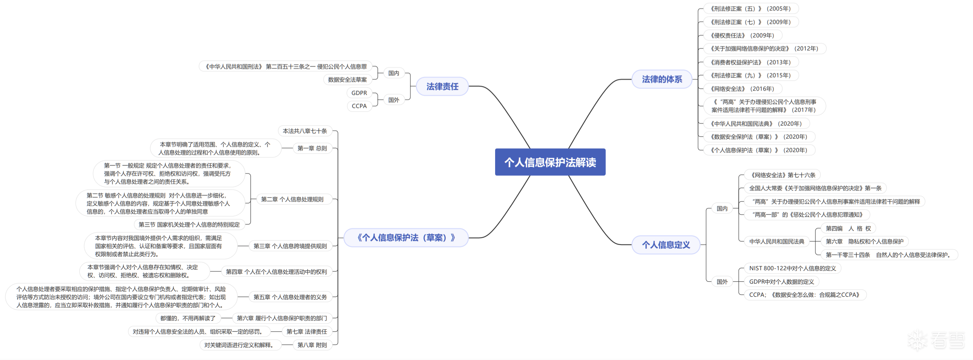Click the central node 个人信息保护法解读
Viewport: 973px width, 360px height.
click(x=550, y=162)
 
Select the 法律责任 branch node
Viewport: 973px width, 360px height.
click(x=442, y=87)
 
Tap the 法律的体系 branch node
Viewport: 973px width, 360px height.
click(x=662, y=79)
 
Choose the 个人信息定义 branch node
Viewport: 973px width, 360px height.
click(x=666, y=245)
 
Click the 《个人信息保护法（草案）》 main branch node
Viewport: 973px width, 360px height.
click(x=406, y=238)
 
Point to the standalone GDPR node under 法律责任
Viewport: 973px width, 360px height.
click(x=359, y=93)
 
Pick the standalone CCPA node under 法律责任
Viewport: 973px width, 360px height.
click(x=359, y=106)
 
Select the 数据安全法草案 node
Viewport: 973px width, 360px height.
click(x=347, y=80)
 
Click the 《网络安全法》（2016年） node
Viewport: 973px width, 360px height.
click(x=742, y=89)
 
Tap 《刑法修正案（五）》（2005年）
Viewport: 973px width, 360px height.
click(x=750, y=9)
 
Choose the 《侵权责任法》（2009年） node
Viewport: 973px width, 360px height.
click(x=742, y=36)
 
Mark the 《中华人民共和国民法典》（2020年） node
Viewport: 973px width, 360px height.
click(x=756, y=124)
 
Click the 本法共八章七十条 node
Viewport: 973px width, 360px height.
click(x=305, y=131)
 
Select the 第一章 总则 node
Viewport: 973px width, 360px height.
click(x=312, y=148)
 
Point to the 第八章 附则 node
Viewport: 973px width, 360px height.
click(x=312, y=345)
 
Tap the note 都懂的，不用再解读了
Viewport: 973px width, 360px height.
click(x=188, y=318)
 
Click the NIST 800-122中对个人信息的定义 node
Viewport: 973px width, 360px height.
click(x=792, y=268)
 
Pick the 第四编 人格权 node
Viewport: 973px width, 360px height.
click(x=848, y=228)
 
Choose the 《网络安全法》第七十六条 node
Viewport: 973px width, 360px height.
click(x=782, y=175)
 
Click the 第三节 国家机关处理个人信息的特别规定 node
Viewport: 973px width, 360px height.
click(x=189, y=225)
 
